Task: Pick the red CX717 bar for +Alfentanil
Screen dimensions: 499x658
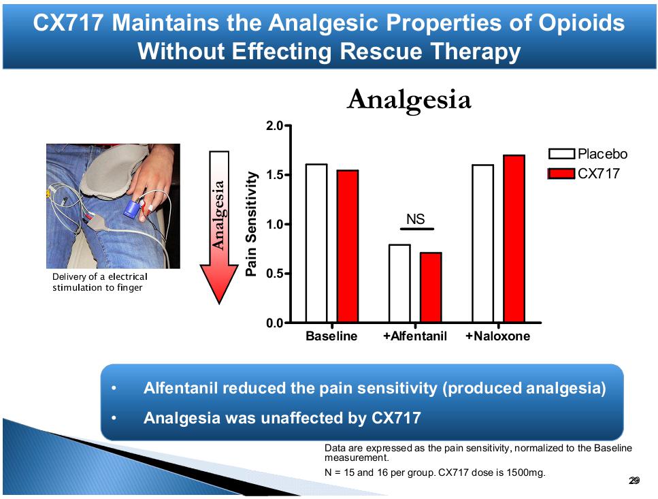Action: [x=431, y=287]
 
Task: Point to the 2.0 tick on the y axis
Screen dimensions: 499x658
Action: [x=275, y=127]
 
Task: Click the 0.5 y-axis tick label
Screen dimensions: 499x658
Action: [x=275, y=274]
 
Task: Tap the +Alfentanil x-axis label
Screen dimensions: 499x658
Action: [x=415, y=336]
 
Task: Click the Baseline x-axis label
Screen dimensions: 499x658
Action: [x=331, y=336]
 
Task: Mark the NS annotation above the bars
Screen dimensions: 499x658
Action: [x=416, y=219]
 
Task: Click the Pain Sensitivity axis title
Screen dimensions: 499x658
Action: [x=251, y=224]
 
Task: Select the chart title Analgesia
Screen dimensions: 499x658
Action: [x=408, y=100]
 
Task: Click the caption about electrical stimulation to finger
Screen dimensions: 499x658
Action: [x=99, y=283]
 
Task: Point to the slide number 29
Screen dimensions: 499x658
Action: [x=634, y=481]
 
